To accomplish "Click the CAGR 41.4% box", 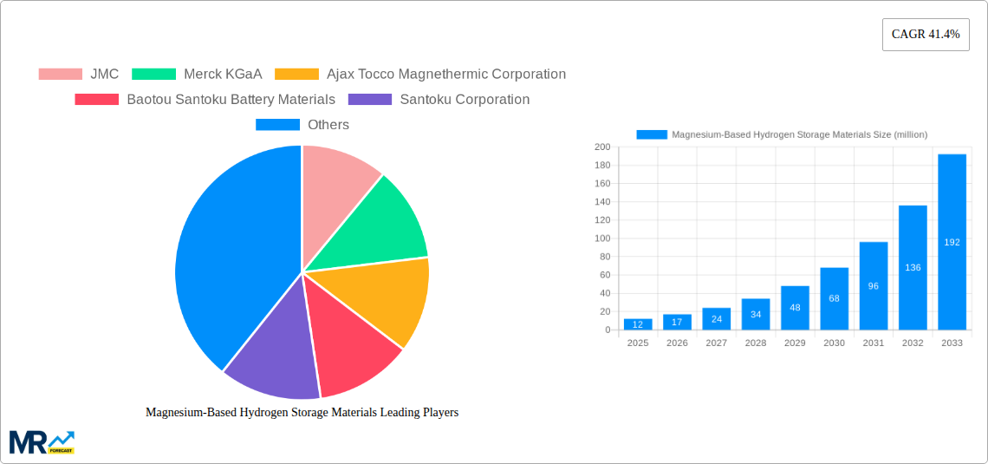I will (x=926, y=35).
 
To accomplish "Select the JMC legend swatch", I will (x=60, y=74).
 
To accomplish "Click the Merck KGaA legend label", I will (x=223, y=74).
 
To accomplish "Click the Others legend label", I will (x=328, y=124).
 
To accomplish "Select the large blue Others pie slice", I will (x=230, y=260).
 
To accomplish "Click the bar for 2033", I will (x=952, y=243).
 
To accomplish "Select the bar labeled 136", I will (x=913, y=267).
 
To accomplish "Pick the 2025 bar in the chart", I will (x=638, y=324).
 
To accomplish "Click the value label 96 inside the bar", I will (x=874, y=286).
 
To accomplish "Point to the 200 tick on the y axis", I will (x=601, y=147).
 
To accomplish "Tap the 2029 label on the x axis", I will (x=795, y=343).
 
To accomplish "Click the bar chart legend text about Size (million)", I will (x=799, y=134).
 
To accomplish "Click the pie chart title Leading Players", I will (x=302, y=413).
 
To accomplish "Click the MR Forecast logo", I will (x=42, y=441).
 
